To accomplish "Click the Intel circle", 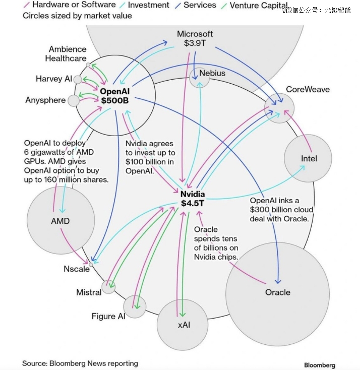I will [x=308, y=159].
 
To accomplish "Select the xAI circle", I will [x=183, y=325].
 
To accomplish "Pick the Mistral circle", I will [x=108, y=287].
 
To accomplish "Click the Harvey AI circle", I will [x=78, y=80].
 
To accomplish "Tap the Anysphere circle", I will [x=74, y=100].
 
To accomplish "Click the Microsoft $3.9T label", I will [x=195, y=38].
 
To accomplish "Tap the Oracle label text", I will [x=278, y=292].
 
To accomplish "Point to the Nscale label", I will [x=76, y=269].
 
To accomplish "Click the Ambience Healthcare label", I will [x=67, y=53].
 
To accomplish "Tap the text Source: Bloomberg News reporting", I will [x=80, y=363].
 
